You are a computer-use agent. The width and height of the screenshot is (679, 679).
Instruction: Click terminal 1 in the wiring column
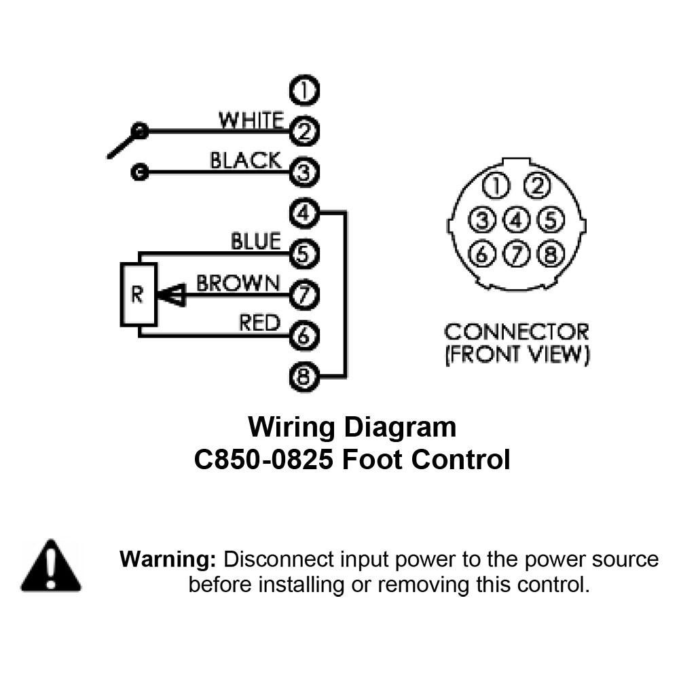pos(304,90)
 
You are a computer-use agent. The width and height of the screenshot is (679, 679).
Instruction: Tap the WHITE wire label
pos(251,120)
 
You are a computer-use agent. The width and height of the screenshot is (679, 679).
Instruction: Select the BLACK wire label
pos(246,160)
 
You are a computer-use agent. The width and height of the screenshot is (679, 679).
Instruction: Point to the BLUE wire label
pos(256,241)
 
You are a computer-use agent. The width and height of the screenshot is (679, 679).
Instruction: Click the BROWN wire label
pos(238,283)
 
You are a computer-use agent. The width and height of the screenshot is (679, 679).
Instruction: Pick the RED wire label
pos(260,323)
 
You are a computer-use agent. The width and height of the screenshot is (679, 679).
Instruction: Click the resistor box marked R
pos(139,295)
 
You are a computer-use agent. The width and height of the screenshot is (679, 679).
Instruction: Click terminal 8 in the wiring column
pos(304,376)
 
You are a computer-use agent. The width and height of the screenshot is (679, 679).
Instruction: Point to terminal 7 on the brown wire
pos(304,295)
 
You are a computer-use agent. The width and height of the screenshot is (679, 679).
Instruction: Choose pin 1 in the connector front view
pos(496,186)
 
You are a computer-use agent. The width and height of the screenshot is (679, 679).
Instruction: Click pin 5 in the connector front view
pos(551,219)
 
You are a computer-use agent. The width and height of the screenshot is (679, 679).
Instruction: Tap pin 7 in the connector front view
pos(516,254)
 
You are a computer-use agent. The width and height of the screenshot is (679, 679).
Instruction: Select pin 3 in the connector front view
pos(481,219)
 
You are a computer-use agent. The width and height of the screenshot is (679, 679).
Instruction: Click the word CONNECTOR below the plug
pos(516,332)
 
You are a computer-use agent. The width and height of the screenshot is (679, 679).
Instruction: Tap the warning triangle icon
pos(51,565)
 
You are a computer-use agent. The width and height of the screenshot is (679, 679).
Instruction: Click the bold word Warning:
pos(168,559)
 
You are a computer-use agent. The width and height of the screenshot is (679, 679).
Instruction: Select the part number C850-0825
pos(263,460)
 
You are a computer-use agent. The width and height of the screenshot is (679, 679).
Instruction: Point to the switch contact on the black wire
pos(139,172)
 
